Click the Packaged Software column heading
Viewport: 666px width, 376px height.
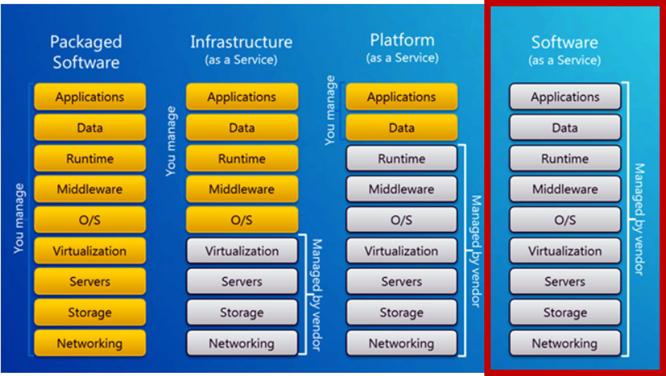tap(86, 52)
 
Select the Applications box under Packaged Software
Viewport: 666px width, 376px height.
tap(90, 97)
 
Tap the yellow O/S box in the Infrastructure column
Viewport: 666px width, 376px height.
tap(242, 220)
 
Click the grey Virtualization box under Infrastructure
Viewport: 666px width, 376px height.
tap(242, 251)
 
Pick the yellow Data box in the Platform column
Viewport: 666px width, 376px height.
tap(401, 128)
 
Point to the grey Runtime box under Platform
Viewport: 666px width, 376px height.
tap(401, 158)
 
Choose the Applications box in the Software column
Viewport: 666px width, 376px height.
tap(565, 97)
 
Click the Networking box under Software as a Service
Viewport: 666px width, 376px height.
tap(565, 344)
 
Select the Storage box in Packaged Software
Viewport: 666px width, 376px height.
tap(90, 313)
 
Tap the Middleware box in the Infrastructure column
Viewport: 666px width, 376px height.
tap(242, 190)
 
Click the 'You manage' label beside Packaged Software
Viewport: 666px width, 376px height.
tap(20, 218)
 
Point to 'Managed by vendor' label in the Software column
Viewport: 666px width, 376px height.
tap(639, 219)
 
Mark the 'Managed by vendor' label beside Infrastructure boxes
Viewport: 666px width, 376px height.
tap(316, 295)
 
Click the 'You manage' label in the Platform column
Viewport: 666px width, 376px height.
tap(331, 110)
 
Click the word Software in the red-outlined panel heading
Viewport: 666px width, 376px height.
tap(565, 42)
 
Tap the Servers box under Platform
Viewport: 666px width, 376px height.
tap(401, 282)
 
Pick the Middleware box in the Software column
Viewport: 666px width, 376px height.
tap(565, 190)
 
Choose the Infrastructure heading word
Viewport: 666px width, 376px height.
tap(241, 42)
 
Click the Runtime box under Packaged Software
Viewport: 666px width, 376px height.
tap(90, 158)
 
